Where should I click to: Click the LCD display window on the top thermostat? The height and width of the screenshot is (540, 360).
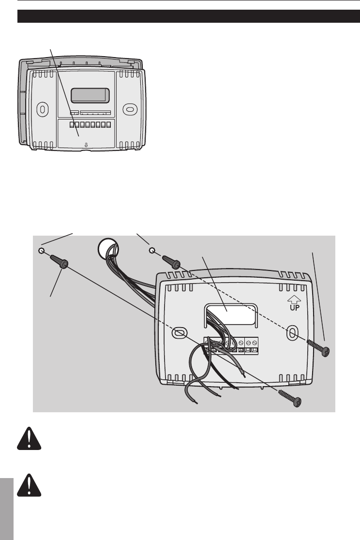coord(90,95)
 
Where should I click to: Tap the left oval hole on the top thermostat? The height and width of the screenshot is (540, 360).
coord(43,109)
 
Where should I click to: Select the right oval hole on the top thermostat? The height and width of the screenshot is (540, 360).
coord(129,109)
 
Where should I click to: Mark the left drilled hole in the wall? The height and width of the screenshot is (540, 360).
coord(41,251)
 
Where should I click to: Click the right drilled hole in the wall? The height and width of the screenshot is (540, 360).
coord(152,250)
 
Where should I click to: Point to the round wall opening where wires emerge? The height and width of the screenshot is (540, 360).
coord(105,248)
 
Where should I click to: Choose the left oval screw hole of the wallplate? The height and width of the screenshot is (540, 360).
coord(179,332)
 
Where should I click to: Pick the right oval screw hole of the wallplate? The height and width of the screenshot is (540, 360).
coord(292,332)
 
